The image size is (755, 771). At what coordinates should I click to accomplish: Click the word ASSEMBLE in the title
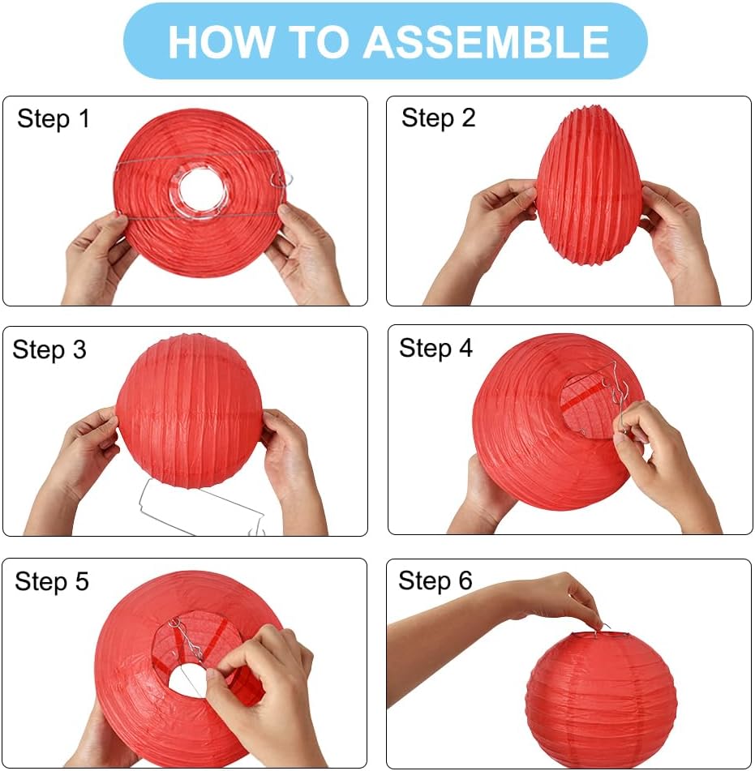[x=487, y=41]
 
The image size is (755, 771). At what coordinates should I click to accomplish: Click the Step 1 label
[x=54, y=119]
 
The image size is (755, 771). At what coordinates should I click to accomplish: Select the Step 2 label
[x=438, y=118]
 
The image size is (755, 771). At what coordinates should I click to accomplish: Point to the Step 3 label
[x=49, y=349]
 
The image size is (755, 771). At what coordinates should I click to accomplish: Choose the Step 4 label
[x=435, y=348]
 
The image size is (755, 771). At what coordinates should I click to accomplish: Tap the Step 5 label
[x=52, y=581]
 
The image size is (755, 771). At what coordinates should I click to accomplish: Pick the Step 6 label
[x=435, y=580]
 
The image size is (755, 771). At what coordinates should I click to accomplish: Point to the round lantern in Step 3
[x=189, y=410]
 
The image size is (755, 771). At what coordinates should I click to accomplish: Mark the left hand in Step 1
[x=98, y=255]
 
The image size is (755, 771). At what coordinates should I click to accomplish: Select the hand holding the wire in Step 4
[x=662, y=462]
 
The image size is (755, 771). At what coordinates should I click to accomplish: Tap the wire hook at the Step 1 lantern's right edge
[x=281, y=179]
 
